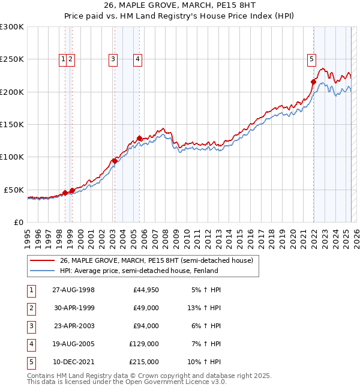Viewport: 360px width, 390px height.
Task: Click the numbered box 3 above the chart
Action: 113,59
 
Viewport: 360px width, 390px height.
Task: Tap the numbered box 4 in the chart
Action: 138,59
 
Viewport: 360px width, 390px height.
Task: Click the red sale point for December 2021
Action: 313,82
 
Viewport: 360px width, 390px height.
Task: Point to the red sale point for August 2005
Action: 139,138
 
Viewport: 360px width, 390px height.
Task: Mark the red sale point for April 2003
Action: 115,161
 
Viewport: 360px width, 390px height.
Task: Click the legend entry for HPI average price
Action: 139,271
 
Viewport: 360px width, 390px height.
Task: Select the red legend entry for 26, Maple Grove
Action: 156,260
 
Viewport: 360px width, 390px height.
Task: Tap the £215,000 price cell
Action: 144,362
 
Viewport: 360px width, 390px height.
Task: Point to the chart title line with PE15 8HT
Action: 180,7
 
